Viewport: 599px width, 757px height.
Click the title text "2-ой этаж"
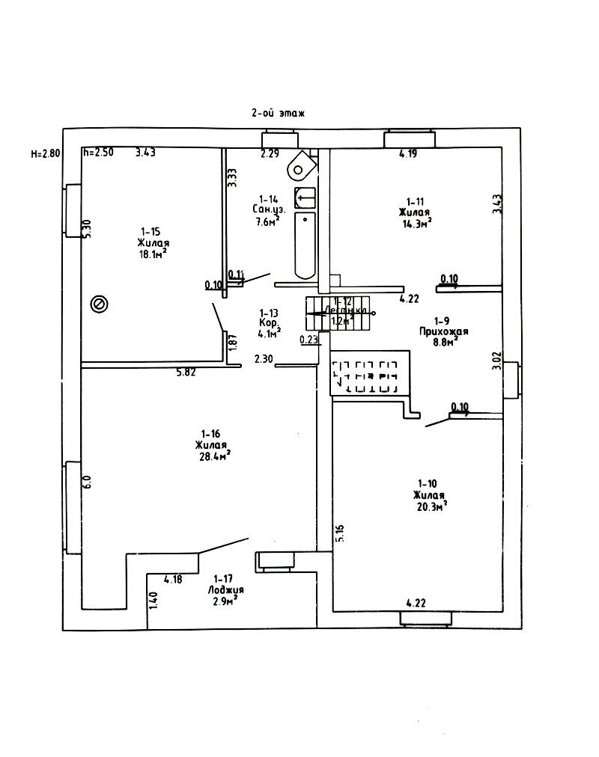point(279,113)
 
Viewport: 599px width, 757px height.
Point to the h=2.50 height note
point(98,153)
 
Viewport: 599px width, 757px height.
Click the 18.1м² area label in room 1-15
point(153,254)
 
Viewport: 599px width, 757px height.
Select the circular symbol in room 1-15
point(98,303)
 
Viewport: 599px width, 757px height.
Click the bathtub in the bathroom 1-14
point(305,245)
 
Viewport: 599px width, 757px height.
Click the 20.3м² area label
point(430,506)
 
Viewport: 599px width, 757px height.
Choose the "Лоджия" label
point(226,589)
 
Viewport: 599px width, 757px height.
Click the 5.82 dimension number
point(186,372)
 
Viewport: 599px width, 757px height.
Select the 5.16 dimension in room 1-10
point(340,534)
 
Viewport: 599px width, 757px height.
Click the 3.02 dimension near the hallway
point(496,361)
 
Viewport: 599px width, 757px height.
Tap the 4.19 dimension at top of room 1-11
point(408,154)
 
